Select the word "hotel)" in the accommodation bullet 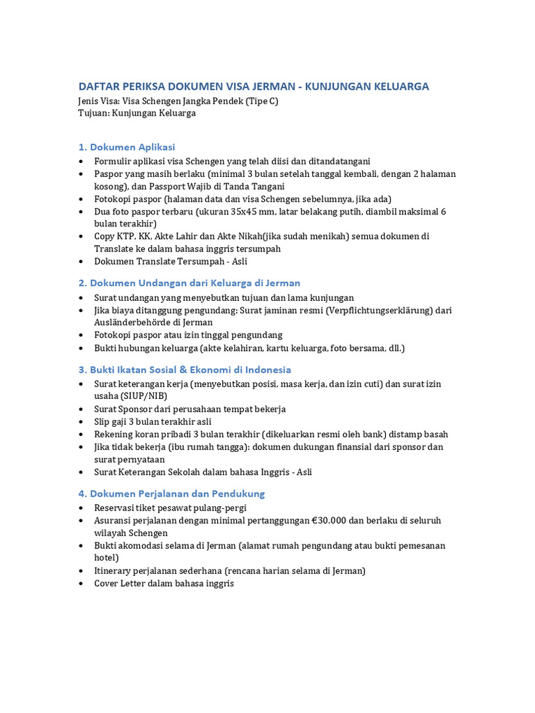(107, 558)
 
